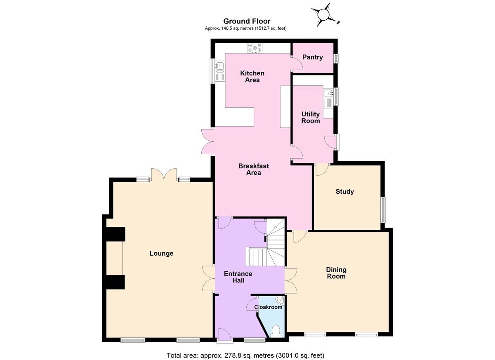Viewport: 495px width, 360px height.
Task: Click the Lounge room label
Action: [x=161, y=253]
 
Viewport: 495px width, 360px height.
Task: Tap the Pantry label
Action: [x=313, y=57]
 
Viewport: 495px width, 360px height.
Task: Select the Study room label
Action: [x=345, y=191]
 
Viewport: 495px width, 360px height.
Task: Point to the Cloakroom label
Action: [x=268, y=307]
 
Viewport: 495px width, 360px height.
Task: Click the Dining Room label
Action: [x=336, y=273]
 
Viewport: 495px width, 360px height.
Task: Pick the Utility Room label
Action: [x=311, y=118]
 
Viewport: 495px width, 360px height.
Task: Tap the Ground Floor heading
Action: [x=247, y=21]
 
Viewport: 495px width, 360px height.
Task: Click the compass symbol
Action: [x=324, y=15]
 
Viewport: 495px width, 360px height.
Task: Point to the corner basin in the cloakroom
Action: [x=280, y=300]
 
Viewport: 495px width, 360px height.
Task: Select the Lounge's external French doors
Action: [x=164, y=175]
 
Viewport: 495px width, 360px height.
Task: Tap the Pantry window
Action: [x=337, y=59]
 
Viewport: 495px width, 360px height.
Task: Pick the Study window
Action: [x=384, y=209]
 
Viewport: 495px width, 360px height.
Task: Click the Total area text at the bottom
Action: [x=245, y=355]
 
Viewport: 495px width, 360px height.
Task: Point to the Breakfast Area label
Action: [x=254, y=169]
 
